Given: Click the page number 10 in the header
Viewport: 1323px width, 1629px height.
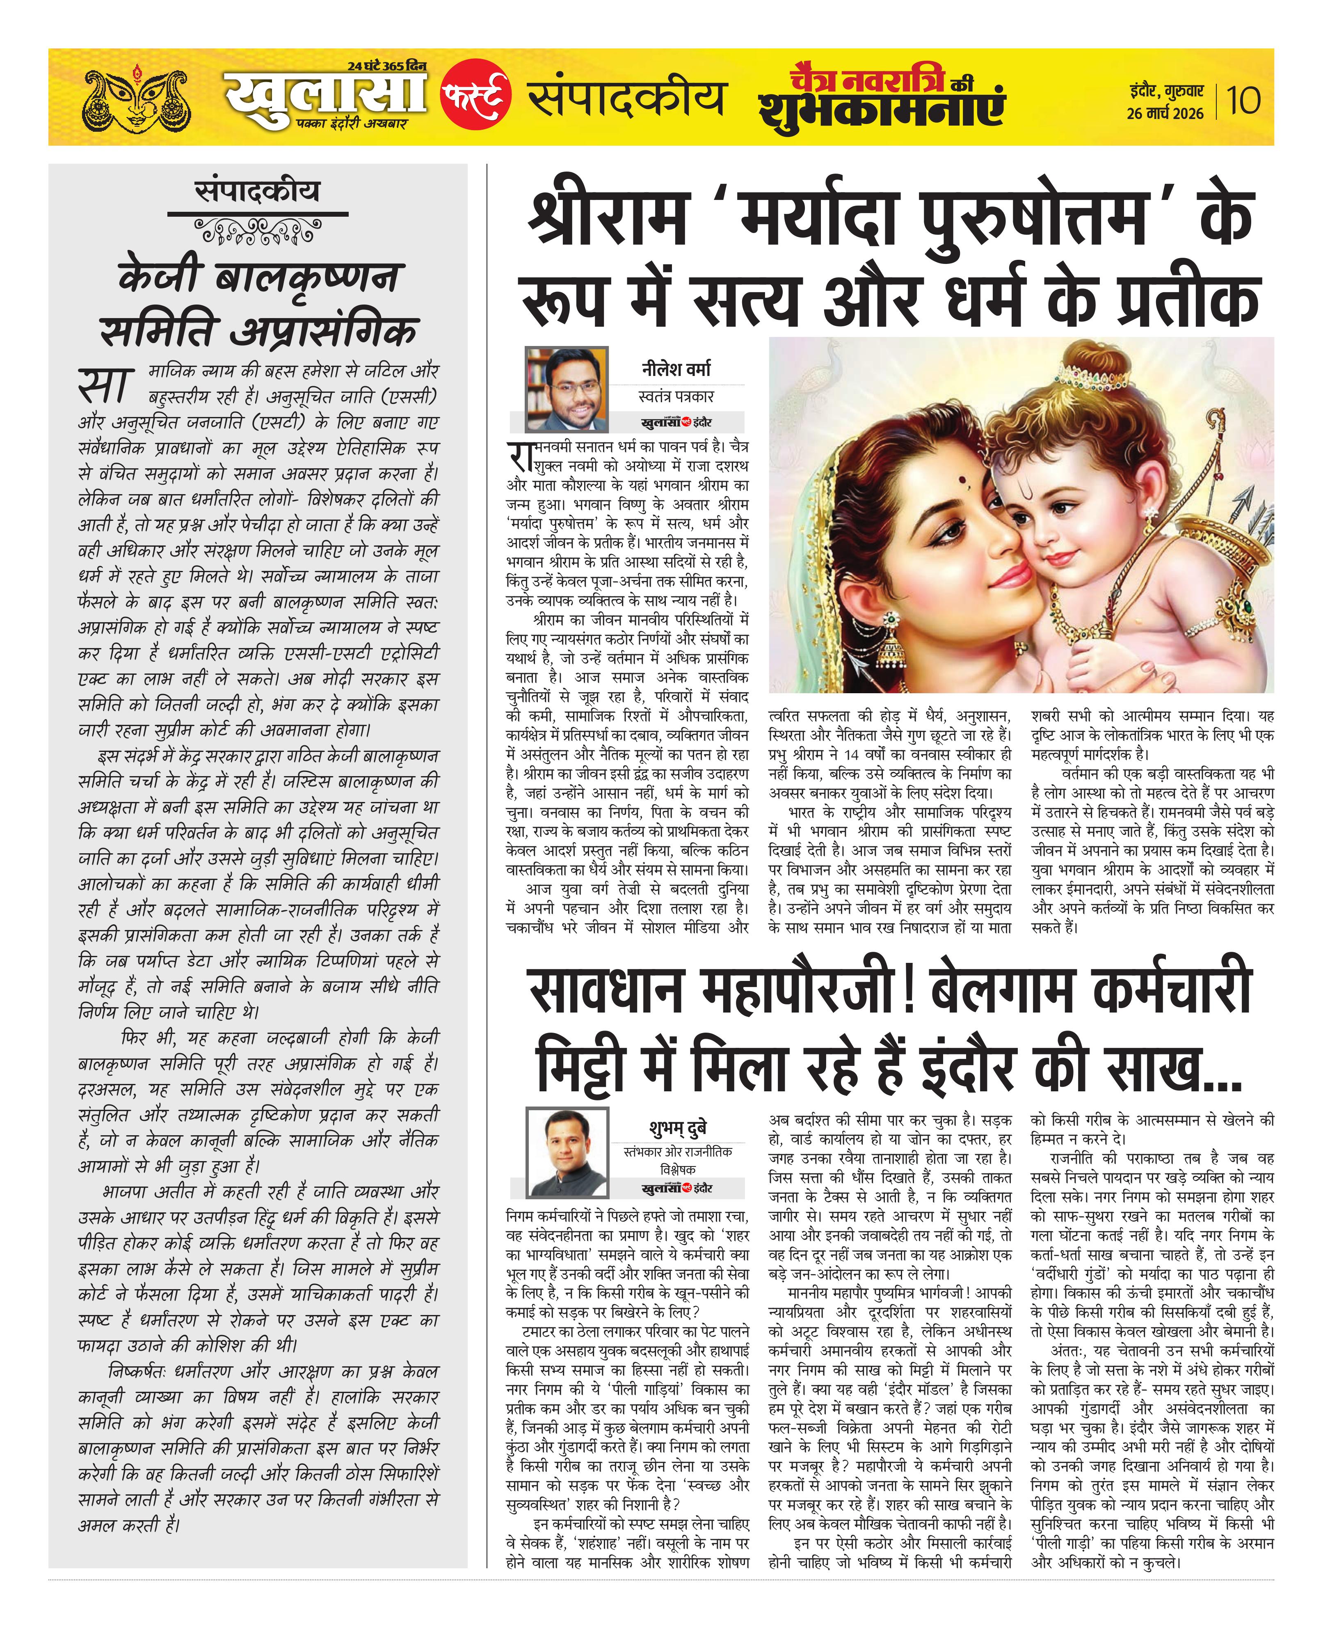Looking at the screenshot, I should pos(1243,100).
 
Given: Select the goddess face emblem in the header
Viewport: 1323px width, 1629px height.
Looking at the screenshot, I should pos(137,99).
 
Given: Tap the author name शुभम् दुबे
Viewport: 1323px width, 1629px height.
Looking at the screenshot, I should pos(678,1127).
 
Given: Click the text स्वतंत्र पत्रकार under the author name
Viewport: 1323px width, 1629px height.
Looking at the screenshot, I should pos(676,396).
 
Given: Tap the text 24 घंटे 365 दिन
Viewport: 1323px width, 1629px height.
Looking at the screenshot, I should pos(386,66).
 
